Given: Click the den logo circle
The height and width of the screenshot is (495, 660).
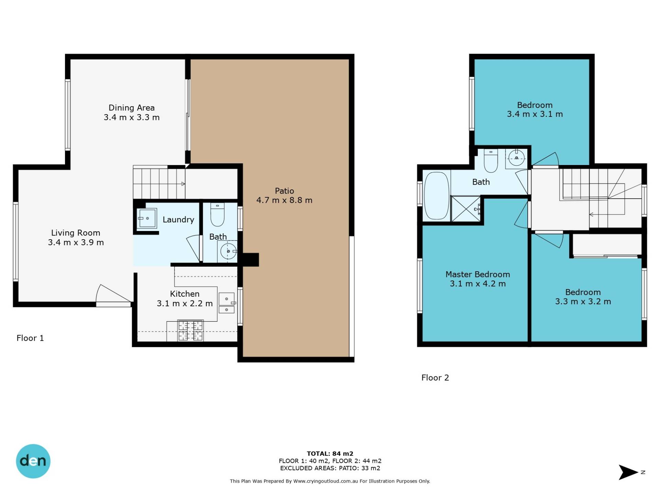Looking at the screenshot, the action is click(33, 461).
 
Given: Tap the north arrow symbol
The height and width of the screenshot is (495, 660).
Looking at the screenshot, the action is click(628, 472).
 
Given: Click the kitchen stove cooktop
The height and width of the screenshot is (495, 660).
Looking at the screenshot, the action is click(190, 330).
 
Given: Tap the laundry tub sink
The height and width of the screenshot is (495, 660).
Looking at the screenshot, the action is click(147, 218).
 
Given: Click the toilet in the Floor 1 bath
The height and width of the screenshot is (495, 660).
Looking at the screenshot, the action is click(217, 214).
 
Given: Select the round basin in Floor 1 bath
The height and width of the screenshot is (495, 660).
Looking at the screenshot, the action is click(228, 251).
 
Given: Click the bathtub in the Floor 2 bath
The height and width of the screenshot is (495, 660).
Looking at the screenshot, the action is click(437, 196).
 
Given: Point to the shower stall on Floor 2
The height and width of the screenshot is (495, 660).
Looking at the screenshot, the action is click(465, 209).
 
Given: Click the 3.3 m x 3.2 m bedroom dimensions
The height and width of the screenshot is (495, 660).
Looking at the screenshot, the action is click(583, 301).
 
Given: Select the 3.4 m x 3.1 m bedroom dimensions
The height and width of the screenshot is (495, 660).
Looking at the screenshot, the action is click(535, 114).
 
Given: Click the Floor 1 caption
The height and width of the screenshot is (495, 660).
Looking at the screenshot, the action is click(30, 338).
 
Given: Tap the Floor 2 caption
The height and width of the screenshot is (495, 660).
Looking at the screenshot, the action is click(435, 377).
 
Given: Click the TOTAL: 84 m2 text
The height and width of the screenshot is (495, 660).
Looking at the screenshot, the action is click(330, 453).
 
